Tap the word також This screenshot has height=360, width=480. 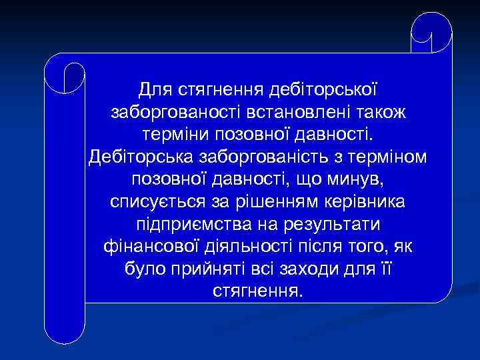378,112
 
